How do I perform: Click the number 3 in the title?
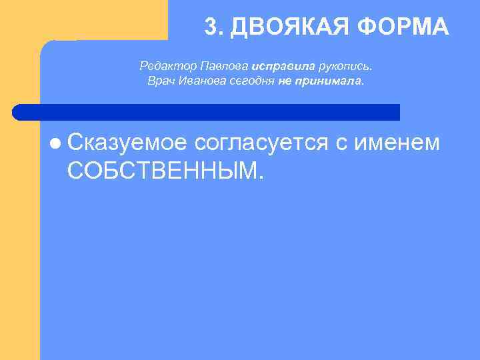point(210,27)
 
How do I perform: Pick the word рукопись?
point(346,67)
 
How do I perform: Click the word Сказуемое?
point(127,143)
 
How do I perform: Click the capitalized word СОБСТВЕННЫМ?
point(165,171)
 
